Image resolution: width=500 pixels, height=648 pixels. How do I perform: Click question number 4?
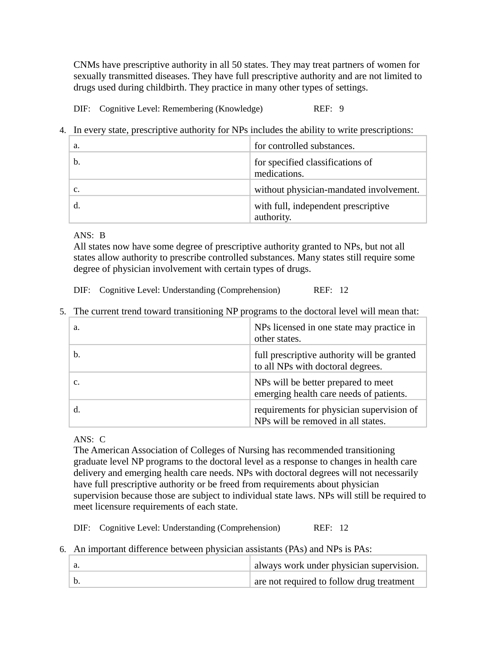[x=62, y=130]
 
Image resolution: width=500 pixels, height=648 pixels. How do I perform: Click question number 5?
[x=62, y=312]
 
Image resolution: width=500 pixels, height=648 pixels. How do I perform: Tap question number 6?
[x=62, y=550]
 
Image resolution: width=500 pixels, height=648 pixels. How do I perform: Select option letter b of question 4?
[x=76, y=162]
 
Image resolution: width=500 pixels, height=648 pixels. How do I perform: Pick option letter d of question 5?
[x=76, y=409]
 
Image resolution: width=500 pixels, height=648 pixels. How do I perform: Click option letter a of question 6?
[x=76, y=565]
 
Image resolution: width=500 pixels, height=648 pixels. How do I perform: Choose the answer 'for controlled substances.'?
[x=304, y=146]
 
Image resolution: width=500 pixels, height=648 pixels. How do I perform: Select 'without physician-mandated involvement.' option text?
[x=337, y=190]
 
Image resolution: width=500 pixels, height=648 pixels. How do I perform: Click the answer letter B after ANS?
[x=103, y=235]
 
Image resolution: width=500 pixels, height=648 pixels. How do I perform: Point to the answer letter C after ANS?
[x=103, y=440]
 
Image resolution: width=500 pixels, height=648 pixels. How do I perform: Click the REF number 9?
[x=342, y=109]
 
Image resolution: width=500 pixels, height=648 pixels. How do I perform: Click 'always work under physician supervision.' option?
[x=336, y=566]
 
